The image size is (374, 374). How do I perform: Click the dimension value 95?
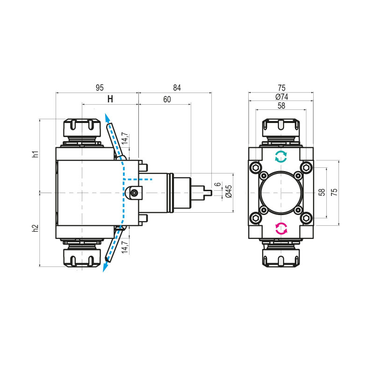(99, 88)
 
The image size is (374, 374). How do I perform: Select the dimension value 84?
(176, 88)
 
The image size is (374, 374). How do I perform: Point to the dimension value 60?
(167, 99)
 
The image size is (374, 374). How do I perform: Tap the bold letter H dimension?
(110, 99)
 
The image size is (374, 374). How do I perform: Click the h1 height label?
(36, 155)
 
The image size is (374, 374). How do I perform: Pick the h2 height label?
(36, 229)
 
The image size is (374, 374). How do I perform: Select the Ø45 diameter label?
(229, 192)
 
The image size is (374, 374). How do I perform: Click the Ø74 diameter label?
(281, 96)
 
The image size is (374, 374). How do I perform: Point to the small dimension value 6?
(217, 185)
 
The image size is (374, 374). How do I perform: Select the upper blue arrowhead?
(107, 117)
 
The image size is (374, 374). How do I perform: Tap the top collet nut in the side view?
(82, 127)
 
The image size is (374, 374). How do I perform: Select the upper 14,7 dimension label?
(125, 139)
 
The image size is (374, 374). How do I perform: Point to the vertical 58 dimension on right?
(322, 192)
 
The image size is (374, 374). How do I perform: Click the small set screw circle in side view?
(135, 193)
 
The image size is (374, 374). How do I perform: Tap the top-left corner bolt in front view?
(255, 167)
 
